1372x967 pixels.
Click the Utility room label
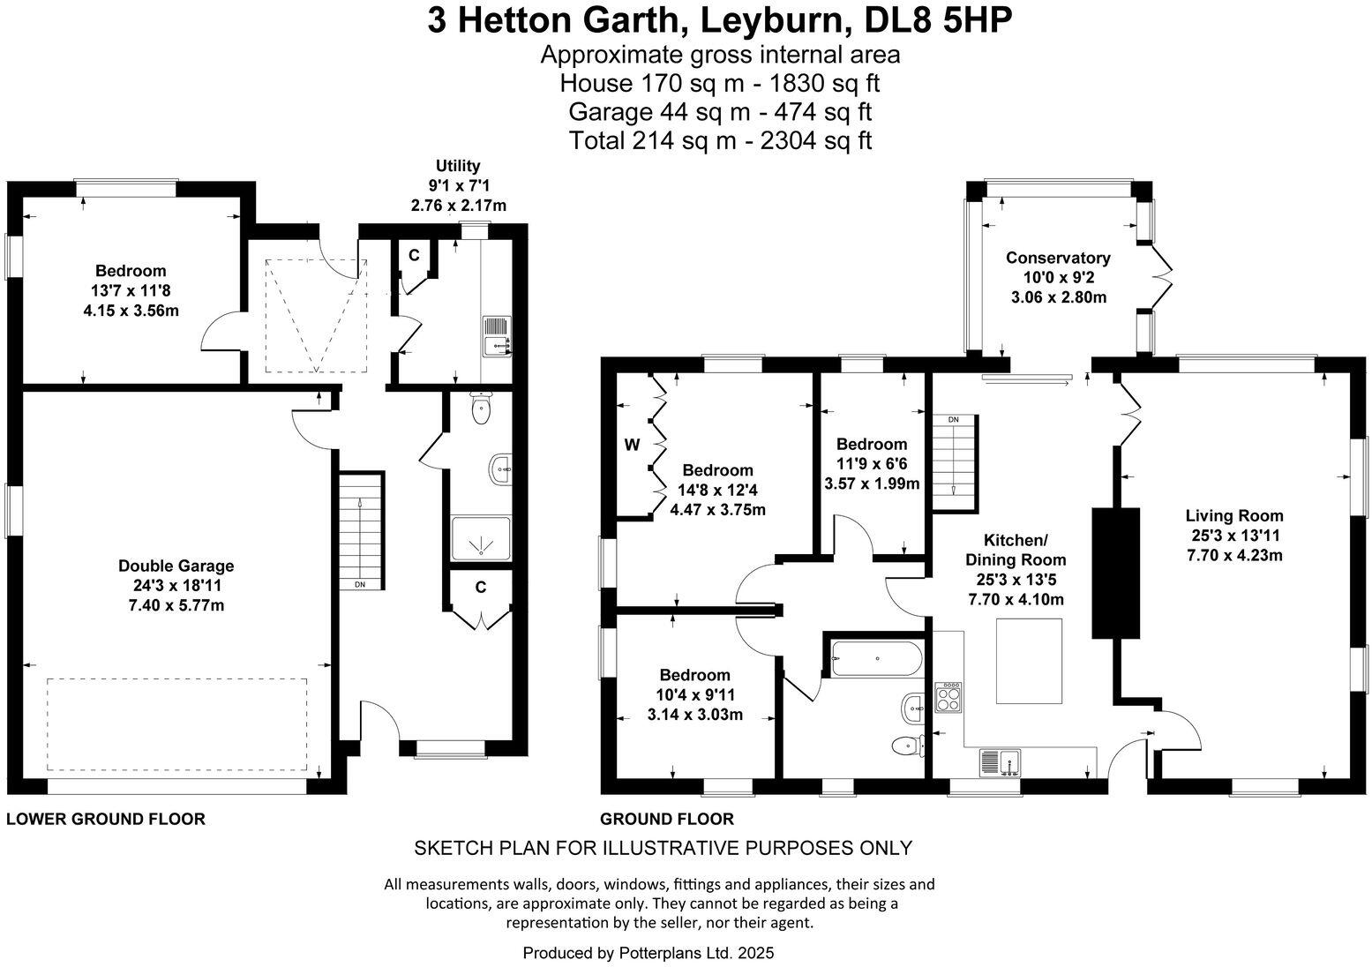(x=458, y=166)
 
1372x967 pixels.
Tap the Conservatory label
(x=1058, y=258)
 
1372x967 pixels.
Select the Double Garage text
(x=176, y=566)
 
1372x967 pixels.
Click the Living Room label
(x=1234, y=515)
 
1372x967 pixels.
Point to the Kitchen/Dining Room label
(x=1016, y=550)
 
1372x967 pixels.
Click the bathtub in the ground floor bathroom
(x=876, y=658)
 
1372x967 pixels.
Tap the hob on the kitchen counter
(x=948, y=697)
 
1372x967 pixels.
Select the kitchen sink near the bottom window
(x=1000, y=762)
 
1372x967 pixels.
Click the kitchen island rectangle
(x=1029, y=662)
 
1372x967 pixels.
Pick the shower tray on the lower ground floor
(x=481, y=538)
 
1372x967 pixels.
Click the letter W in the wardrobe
(x=632, y=446)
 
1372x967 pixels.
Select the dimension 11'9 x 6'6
(x=872, y=463)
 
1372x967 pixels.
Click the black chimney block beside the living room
(x=1116, y=573)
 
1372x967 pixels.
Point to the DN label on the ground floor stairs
(x=954, y=419)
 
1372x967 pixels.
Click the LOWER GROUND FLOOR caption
(x=105, y=819)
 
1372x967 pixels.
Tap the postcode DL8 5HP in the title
(x=938, y=21)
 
